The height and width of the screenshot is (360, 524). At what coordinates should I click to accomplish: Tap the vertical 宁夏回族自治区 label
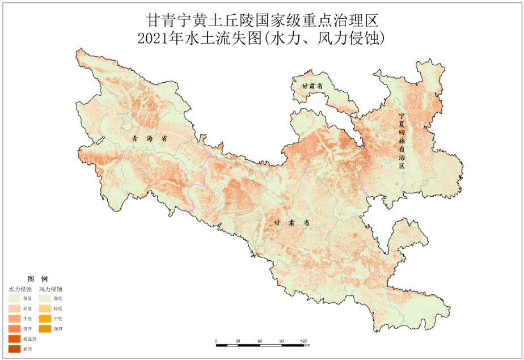402,139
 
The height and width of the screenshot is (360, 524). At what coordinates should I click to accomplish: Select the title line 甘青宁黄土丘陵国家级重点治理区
261,20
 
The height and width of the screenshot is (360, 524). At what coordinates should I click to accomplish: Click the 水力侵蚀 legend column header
20,289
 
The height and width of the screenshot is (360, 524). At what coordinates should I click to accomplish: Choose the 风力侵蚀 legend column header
50,289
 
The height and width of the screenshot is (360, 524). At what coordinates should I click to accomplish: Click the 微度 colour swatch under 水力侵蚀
14,298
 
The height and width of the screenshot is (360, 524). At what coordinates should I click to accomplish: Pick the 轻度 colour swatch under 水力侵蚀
14,308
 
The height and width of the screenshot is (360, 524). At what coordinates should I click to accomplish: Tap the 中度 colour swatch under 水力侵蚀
14,318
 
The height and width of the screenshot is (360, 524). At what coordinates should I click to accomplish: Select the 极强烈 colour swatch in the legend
14,338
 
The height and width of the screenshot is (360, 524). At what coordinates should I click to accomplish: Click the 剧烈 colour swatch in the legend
14,349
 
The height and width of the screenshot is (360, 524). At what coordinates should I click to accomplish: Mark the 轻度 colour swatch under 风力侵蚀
45,308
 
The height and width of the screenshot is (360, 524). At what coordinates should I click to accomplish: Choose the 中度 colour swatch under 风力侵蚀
45,318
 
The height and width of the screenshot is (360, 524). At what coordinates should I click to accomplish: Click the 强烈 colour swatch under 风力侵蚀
45,328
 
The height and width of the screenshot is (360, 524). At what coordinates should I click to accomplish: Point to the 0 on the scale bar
217,341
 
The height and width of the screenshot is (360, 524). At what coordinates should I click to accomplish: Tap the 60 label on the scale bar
260,341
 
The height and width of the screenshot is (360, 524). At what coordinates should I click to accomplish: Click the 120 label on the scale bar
303,341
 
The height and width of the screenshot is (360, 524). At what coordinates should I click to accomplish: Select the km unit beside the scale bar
307,345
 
